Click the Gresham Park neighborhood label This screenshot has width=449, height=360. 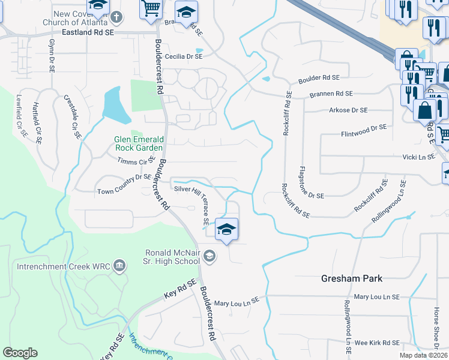click(351, 278)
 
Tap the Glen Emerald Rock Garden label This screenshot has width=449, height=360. click(139, 143)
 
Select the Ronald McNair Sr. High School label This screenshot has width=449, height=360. click(172, 257)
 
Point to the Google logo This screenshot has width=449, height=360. click(20, 353)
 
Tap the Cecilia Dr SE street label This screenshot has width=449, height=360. click(184, 56)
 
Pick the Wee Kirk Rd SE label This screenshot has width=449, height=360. click(376, 343)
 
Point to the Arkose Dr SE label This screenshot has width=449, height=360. click(348, 110)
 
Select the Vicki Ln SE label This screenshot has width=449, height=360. click(418, 157)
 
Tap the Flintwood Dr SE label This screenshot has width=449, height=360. click(364, 128)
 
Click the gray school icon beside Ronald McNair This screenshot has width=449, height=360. click(209, 257)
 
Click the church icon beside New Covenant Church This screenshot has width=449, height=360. click(118, 17)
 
